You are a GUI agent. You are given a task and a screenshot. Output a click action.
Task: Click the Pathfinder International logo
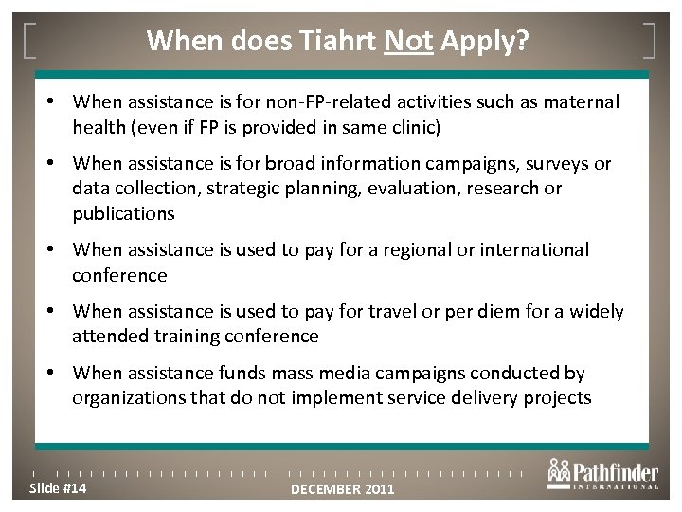point(602,474)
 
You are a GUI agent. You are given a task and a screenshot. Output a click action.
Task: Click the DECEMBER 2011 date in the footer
point(342,489)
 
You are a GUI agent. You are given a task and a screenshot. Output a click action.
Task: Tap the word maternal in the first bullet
point(583,100)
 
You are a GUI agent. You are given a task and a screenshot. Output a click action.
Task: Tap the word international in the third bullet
point(535,250)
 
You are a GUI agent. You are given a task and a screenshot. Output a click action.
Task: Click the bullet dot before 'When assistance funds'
point(59,374)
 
